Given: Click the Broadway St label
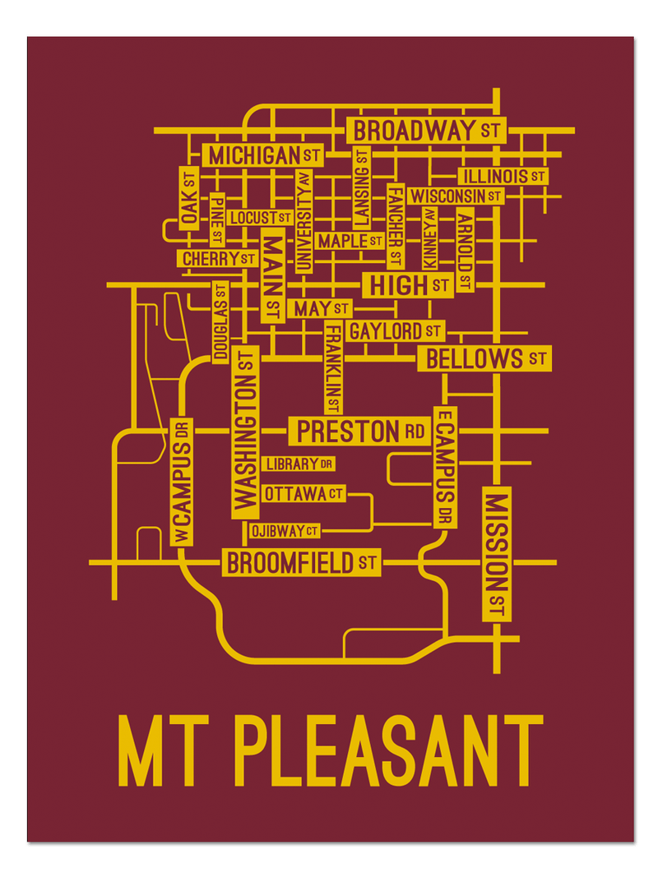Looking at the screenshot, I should [x=426, y=130].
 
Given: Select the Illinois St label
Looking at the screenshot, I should [x=503, y=176].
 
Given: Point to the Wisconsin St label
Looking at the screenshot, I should [x=456, y=196].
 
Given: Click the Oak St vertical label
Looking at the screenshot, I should [x=189, y=198].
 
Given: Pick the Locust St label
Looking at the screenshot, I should [x=260, y=218].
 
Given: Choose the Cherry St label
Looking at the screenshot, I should [x=218, y=259].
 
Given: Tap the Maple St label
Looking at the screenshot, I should [x=350, y=241].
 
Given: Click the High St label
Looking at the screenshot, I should [x=408, y=285].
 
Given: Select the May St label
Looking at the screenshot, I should [x=319, y=309].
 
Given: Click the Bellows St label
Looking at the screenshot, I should [x=484, y=358].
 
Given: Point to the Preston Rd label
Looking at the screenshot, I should [x=359, y=431].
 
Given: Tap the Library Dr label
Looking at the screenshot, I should [x=299, y=464].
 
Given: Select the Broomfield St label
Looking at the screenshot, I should [x=301, y=563].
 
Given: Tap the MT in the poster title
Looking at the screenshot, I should [x=165, y=752].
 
